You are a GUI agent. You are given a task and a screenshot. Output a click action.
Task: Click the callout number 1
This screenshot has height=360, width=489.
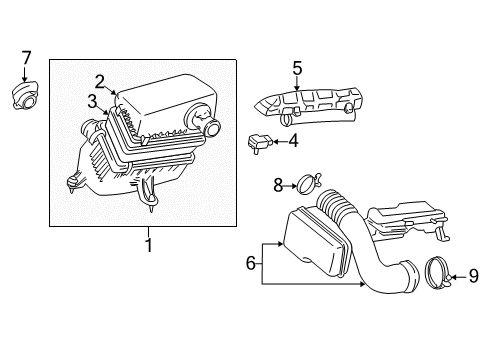pos(148,244)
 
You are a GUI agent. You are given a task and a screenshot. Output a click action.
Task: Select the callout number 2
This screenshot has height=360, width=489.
pos(100,80)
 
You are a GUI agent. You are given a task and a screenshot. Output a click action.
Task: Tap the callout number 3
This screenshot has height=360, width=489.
pos(91,100)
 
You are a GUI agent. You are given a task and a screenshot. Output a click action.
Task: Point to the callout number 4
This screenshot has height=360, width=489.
pos(292,141)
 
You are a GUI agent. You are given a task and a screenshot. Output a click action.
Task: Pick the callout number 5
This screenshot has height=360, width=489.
pos(296,69)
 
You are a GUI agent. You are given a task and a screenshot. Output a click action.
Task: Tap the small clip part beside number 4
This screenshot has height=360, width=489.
pos(261,141)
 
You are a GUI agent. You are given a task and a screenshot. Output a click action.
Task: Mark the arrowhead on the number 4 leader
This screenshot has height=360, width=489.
pos(275,141)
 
